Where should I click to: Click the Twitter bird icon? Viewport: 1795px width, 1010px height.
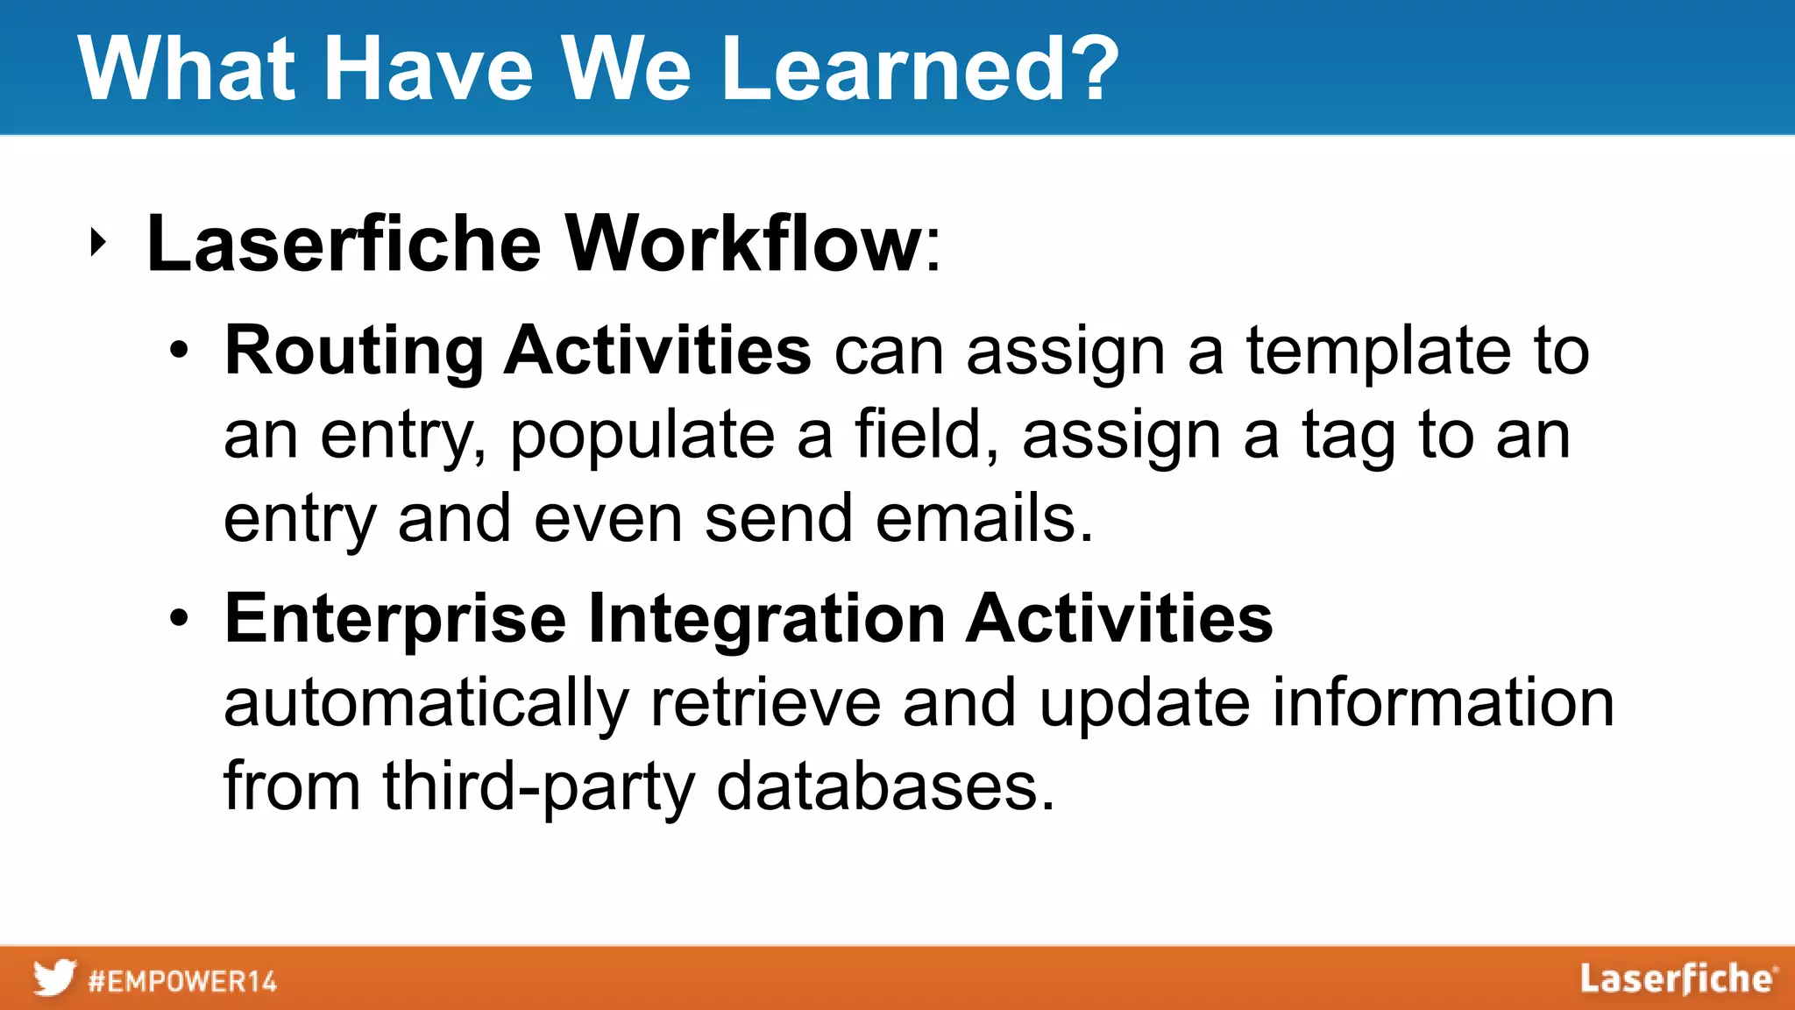tap(54, 978)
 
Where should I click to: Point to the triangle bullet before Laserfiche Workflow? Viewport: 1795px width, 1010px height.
tap(98, 243)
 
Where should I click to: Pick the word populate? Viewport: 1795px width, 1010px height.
tap(642, 437)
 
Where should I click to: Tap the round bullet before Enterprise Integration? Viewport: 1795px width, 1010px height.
tap(180, 619)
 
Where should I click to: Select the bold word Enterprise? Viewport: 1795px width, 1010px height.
tap(395, 620)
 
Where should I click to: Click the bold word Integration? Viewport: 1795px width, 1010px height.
tap(767, 619)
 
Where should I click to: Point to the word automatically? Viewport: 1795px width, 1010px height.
tap(426, 703)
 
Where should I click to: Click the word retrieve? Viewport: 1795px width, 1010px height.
tap(765, 703)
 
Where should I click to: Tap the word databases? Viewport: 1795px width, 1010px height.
tap(885, 786)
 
